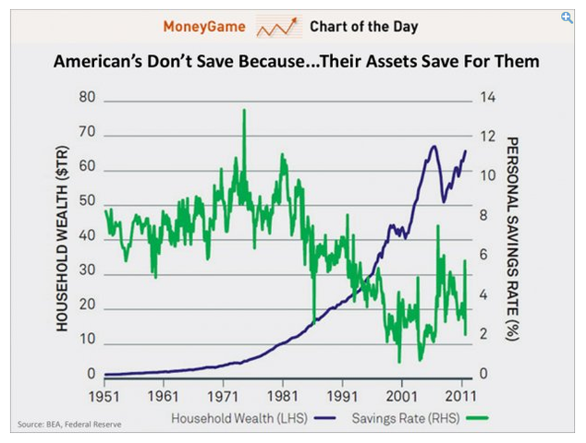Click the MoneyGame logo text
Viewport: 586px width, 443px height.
tap(204, 26)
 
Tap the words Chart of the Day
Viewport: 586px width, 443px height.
tap(363, 26)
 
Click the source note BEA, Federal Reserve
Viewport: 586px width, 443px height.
tap(69, 425)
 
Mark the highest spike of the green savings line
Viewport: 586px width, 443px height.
tap(244, 110)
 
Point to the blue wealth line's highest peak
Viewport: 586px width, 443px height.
tap(433, 147)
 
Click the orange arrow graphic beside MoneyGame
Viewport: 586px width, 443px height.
tap(278, 28)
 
